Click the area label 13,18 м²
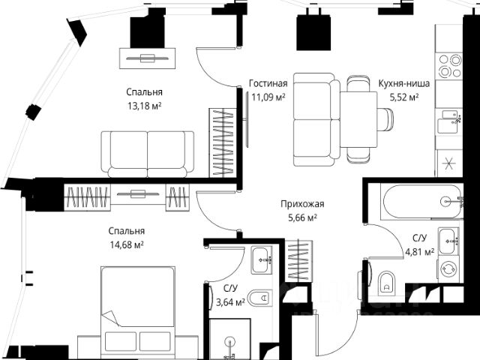(x=145, y=106)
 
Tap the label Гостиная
(x=267, y=83)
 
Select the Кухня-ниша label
(x=398, y=83)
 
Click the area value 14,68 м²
(x=126, y=244)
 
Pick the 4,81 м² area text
(x=418, y=252)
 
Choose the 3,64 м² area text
(x=230, y=302)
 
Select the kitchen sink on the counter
(x=452, y=117)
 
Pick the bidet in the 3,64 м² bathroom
(x=259, y=298)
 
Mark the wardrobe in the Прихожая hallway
(x=298, y=259)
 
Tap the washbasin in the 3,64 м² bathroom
(x=262, y=259)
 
